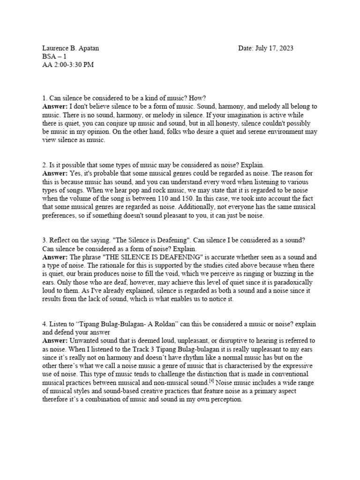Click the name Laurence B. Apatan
pos(70,48)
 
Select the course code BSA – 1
pos(55,56)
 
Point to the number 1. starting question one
pos(45,98)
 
